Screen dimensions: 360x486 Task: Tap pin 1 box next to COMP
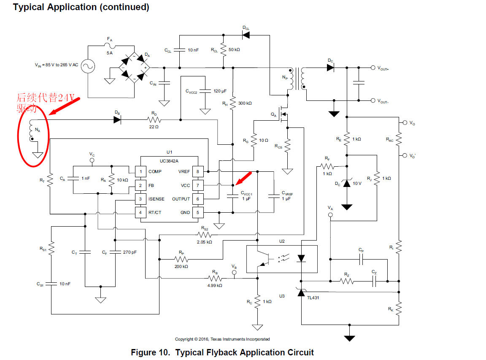coord(140,172)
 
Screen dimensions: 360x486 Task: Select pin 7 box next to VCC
coord(197,185)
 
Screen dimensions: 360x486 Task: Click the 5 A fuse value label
coord(110,53)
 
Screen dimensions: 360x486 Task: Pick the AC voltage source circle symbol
coord(88,66)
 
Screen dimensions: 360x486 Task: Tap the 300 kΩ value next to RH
coord(245,103)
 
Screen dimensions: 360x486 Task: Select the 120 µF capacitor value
coord(220,91)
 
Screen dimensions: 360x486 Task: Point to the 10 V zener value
coord(357,184)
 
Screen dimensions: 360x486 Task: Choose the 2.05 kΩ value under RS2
coord(204,242)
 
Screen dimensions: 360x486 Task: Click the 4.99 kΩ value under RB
coord(214,285)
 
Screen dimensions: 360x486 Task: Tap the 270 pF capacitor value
coord(130,252)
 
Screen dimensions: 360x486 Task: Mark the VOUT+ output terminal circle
coord(373,68)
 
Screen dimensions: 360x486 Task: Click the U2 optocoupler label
coord(282,241)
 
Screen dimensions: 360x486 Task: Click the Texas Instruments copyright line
coord(222,339)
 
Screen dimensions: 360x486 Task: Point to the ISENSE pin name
coord(157,199)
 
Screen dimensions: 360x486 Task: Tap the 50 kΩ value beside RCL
coord(234,50)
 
